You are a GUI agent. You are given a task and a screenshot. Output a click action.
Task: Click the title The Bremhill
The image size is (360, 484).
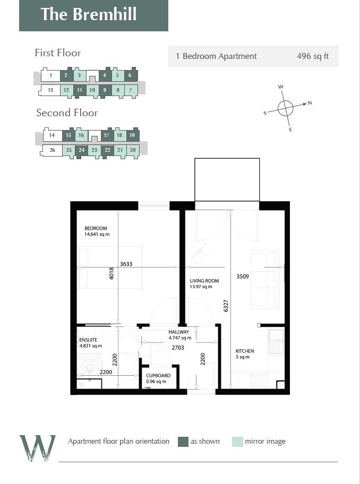[x=88, y=14]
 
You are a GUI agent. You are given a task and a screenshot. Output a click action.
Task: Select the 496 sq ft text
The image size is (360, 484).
[x=312, y=56]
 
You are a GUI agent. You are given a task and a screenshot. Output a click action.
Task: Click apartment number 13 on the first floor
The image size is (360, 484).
[x=50, y=90]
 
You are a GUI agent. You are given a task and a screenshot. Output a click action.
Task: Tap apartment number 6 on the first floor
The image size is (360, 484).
[x=130, y=75]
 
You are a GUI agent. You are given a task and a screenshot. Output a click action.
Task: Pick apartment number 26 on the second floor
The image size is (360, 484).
[x=52, y=150]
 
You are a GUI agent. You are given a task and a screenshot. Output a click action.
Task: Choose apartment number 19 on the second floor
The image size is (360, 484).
[x=132, y=135]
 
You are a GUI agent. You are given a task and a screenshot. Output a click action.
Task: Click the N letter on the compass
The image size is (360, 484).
[x=310, y=103]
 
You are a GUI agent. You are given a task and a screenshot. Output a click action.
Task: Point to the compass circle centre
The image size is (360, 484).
[x=286, y=108]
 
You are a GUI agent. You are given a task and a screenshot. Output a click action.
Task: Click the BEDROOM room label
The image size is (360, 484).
[x=96, y=229]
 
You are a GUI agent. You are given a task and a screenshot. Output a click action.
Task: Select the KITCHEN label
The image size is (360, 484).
[x=245, y=351]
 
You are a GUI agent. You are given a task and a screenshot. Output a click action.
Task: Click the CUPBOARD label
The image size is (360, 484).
[x=158, y=376]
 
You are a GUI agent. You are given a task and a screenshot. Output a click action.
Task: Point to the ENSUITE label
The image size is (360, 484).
[x=88, y=340]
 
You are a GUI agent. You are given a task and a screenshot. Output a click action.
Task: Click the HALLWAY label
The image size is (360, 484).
[x=179, y=332]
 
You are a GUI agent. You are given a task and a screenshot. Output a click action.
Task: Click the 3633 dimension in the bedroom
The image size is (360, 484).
[x=126, y=264]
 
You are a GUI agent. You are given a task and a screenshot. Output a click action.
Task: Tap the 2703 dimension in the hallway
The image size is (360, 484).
[x=178, y=348]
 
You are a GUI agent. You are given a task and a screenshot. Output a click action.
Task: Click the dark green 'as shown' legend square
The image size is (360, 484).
[x=183, y=442]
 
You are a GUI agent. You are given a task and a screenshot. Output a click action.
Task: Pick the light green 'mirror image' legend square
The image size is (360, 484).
[x=237, y=442]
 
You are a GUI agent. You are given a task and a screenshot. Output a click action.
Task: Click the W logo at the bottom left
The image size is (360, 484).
[x=37, y=447]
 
